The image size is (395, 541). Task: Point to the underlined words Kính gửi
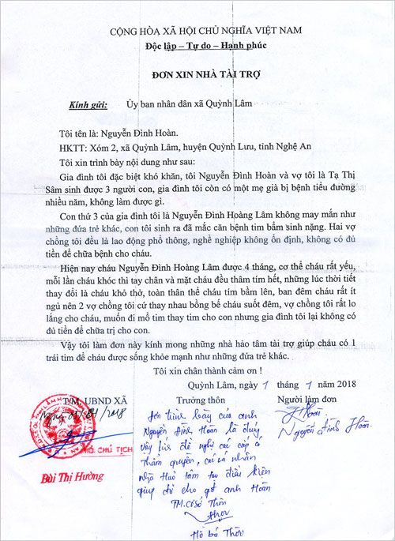pos(88,103)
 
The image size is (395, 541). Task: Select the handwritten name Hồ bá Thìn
pos(217,531)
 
